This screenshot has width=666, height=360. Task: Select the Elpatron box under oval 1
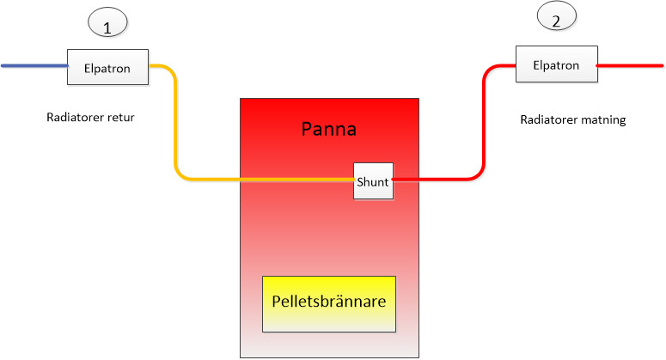point(107,67)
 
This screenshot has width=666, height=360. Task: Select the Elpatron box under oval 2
point(556,64)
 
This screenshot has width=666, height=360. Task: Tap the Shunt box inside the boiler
point(373,180)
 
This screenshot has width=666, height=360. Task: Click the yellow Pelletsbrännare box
point(329,303)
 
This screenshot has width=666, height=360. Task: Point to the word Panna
point(328,130)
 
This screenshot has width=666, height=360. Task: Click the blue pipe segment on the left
point(34,65)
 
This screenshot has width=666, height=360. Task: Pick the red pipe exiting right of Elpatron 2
point(631,64)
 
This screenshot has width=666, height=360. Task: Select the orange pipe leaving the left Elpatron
point(176,129)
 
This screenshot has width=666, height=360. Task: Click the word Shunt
point(373,181)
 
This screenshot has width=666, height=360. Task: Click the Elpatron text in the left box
point(107,68)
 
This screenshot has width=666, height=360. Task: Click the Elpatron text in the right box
point(556,64)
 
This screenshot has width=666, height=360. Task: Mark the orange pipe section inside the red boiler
point(296,180)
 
